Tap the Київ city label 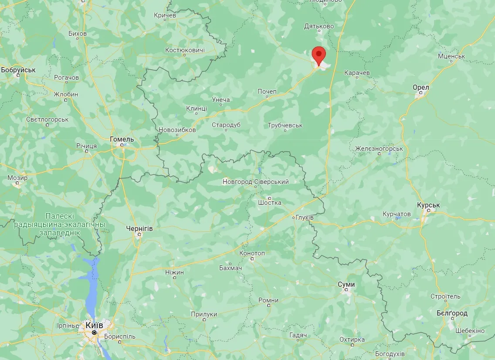[95, 325]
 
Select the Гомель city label [122, 139]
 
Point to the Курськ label [428, 205]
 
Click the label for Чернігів [139, 228]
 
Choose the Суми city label [346, 285]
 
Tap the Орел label [421, 88]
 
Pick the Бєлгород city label [452, 313]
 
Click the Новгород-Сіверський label [255, 182]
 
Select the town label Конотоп [252, 253]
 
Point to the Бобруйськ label [18, 70]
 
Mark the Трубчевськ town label [285, 126]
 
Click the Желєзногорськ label [379, 149]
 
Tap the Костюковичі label [185, 51]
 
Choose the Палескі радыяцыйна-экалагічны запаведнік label [60, 224]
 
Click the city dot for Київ [94, 333]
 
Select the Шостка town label [270, 203]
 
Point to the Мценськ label [451, 57]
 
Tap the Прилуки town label [204, 314]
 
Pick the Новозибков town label [177, 130]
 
